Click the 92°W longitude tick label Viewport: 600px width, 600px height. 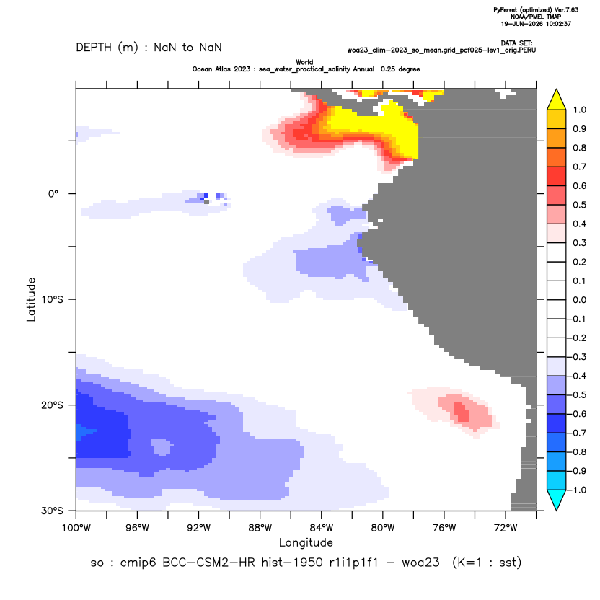(198, 528)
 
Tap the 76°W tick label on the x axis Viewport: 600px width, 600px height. (444, 528)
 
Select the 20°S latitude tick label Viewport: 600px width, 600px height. (52, 405)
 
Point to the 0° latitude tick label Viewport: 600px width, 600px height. (53, 193)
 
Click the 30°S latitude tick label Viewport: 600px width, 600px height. (52, 511)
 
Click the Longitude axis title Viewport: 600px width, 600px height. (306, 542)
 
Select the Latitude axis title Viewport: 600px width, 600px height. (31, 299)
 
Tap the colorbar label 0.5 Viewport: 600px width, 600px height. (579, 205)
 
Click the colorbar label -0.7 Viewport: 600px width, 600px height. (578, 433)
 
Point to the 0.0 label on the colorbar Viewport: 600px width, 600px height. (579, 299)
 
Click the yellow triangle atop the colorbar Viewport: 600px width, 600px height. (557, 100)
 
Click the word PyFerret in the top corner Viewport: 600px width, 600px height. (506, 10)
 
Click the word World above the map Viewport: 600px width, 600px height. (304, 62)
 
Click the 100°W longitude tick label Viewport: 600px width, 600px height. (76, 528)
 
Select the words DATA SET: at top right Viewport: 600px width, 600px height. (516, 43)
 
